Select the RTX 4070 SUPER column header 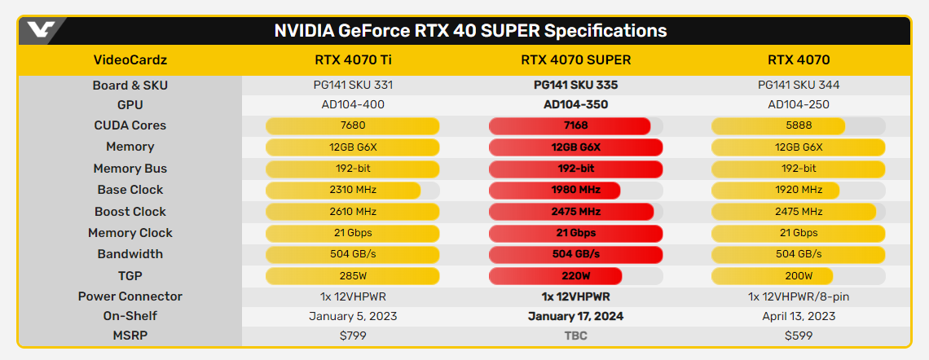[x=576, y=59]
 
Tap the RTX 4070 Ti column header [x=353, y=59]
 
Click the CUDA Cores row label [x=130, y=125]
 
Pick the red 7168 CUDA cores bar [x=569, y=125]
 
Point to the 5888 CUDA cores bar [x=777, y=125]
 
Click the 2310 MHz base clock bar [x=343, y=190]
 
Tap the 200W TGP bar [x=772, y=275]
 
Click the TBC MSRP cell [x=576, y=335]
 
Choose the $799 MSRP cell [x=353, y=335]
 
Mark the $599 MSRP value [x=799, y=335]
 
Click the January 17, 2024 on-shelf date [x=576, y=316]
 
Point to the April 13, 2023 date [x=799, y=316]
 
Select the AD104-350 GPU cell [x=576, y=104]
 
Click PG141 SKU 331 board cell [x=353, y=85]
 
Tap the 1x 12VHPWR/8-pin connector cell [x=799, y=296]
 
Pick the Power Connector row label [x=130, y=296]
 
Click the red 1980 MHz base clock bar [x=554, y=190]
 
